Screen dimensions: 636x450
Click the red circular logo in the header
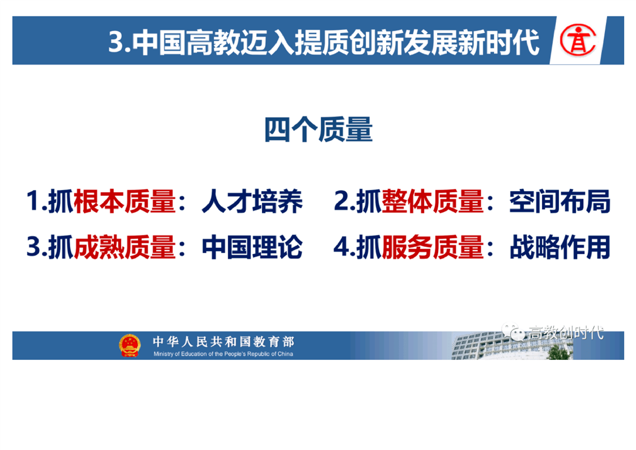pos(578,40)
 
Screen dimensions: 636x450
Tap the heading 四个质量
pos(319,129)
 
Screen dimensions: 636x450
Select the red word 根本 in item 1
pos(99,201)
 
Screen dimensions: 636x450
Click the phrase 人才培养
pos(252,201)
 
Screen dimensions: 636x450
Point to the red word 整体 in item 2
pos(407,201)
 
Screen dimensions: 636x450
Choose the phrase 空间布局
pos(559,201)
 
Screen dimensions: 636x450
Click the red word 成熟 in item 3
pos(99,247)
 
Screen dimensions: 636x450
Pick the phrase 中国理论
pos(252,247)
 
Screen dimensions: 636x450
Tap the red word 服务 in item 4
pos(407,247)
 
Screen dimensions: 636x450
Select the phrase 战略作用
pos(559,247)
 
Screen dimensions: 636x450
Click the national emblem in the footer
pos(129,346)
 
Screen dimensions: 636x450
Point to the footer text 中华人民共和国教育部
pos(223,342)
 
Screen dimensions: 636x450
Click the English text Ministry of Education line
pos(223,354)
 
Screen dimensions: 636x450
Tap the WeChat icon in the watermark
pos(513,332)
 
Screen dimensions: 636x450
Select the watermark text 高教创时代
pos(566,333)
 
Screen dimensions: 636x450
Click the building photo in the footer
pos(512,346)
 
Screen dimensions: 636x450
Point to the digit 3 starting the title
pos(116,41)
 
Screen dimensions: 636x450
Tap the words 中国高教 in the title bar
pos(186,41)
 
